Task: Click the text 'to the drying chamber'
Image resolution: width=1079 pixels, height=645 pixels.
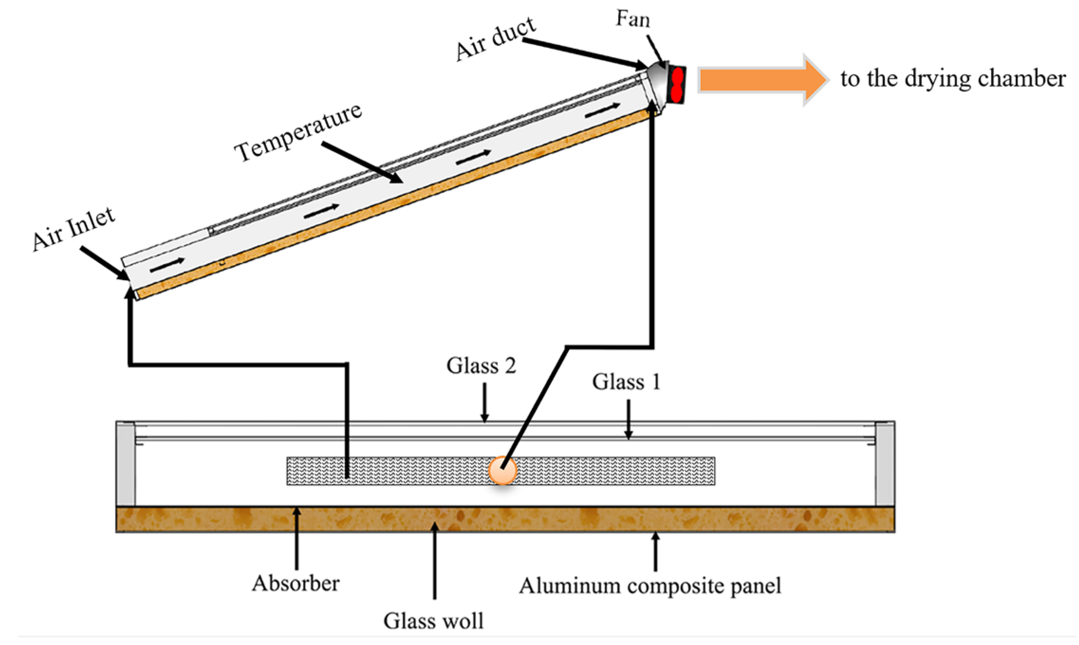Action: tap(953, 79)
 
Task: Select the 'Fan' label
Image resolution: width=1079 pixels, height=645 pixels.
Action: tap(633, 19)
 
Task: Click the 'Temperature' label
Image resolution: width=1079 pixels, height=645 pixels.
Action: tap(298, 132)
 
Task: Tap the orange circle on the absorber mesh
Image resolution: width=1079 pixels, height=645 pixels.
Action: tap(502, 470)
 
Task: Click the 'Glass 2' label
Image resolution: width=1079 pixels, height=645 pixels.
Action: tap(481, 366)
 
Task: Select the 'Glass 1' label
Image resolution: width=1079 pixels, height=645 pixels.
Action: tap(626, 382)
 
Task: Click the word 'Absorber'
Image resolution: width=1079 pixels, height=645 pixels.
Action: tap(296, 583)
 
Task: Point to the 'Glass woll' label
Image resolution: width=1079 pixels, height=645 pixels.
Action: tap(433, 621)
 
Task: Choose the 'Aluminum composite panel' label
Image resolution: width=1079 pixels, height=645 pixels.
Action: tap(650, 586)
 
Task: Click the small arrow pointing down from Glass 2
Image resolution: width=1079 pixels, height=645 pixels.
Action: tap(484, 403)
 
